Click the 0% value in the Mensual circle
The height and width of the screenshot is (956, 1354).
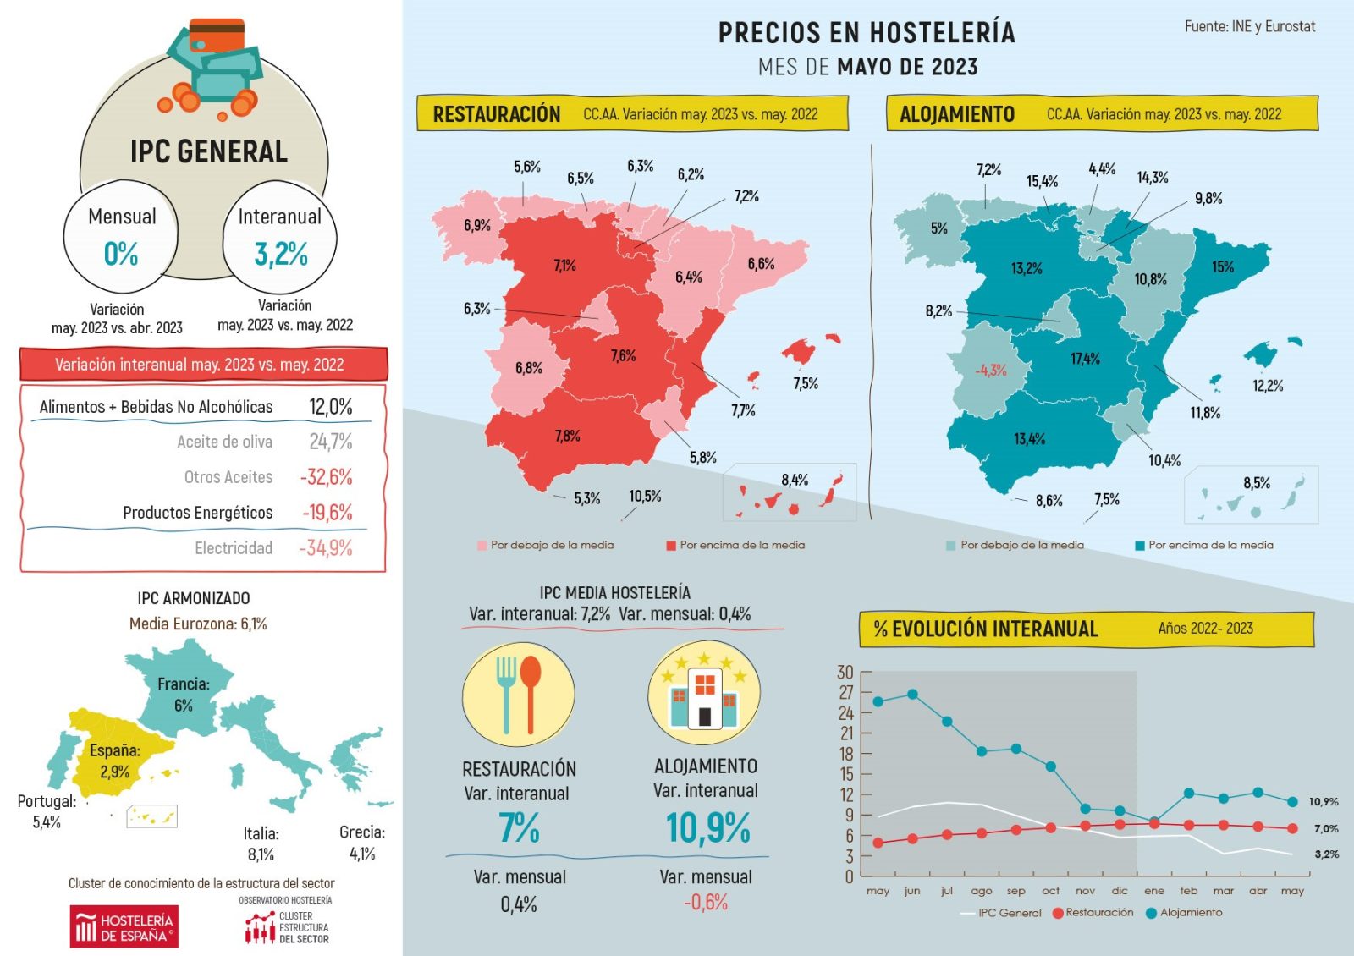121,254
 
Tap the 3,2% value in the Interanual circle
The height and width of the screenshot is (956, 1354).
281,254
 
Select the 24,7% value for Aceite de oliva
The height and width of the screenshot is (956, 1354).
330,442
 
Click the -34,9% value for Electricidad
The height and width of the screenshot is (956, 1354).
326,548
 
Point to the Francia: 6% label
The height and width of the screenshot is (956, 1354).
184,695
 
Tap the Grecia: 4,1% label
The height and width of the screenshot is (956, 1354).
362,843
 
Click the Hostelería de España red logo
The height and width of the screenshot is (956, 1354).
124,926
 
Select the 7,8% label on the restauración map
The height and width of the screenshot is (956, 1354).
567,437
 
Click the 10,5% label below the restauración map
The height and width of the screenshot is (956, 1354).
645,497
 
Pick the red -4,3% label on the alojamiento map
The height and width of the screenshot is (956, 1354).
990,371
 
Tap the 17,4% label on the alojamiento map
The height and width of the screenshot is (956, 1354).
1085,360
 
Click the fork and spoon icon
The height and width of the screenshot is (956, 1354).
518,695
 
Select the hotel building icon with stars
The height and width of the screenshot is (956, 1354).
704,693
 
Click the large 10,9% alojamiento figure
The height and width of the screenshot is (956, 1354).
707,828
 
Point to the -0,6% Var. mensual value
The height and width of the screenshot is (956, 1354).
706,903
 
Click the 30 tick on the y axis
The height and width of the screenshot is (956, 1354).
845,673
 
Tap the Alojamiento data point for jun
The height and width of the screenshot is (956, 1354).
912,695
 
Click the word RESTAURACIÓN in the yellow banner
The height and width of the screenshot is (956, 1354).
497,114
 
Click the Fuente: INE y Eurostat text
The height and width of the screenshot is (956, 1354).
1249,27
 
